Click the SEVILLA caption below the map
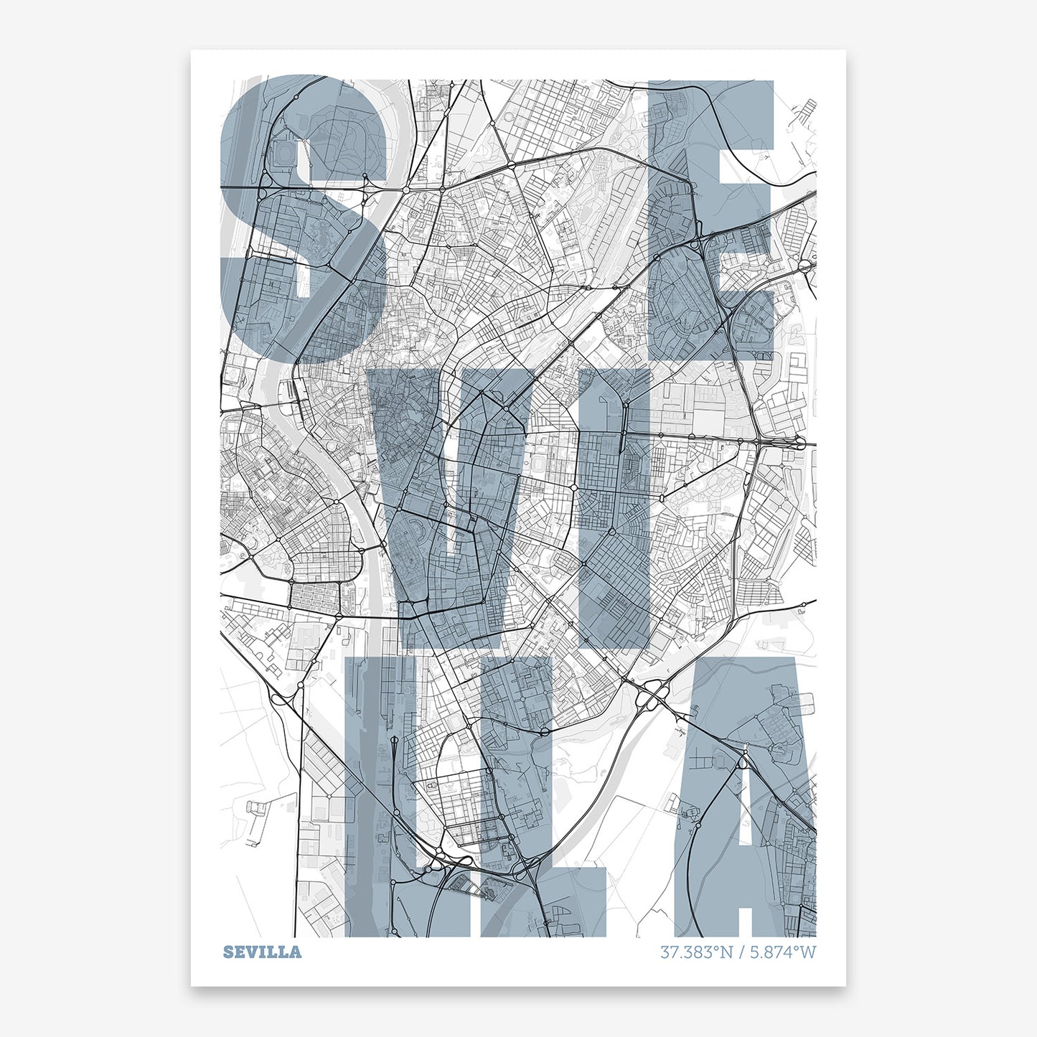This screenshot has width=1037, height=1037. (262, 952)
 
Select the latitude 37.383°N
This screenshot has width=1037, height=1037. (696, 952)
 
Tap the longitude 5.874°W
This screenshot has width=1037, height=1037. (783, 952)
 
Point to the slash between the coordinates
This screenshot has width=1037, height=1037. (742, 952)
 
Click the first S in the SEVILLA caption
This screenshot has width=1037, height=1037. (228, 952)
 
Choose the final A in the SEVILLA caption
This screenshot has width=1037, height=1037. (296, 952)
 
